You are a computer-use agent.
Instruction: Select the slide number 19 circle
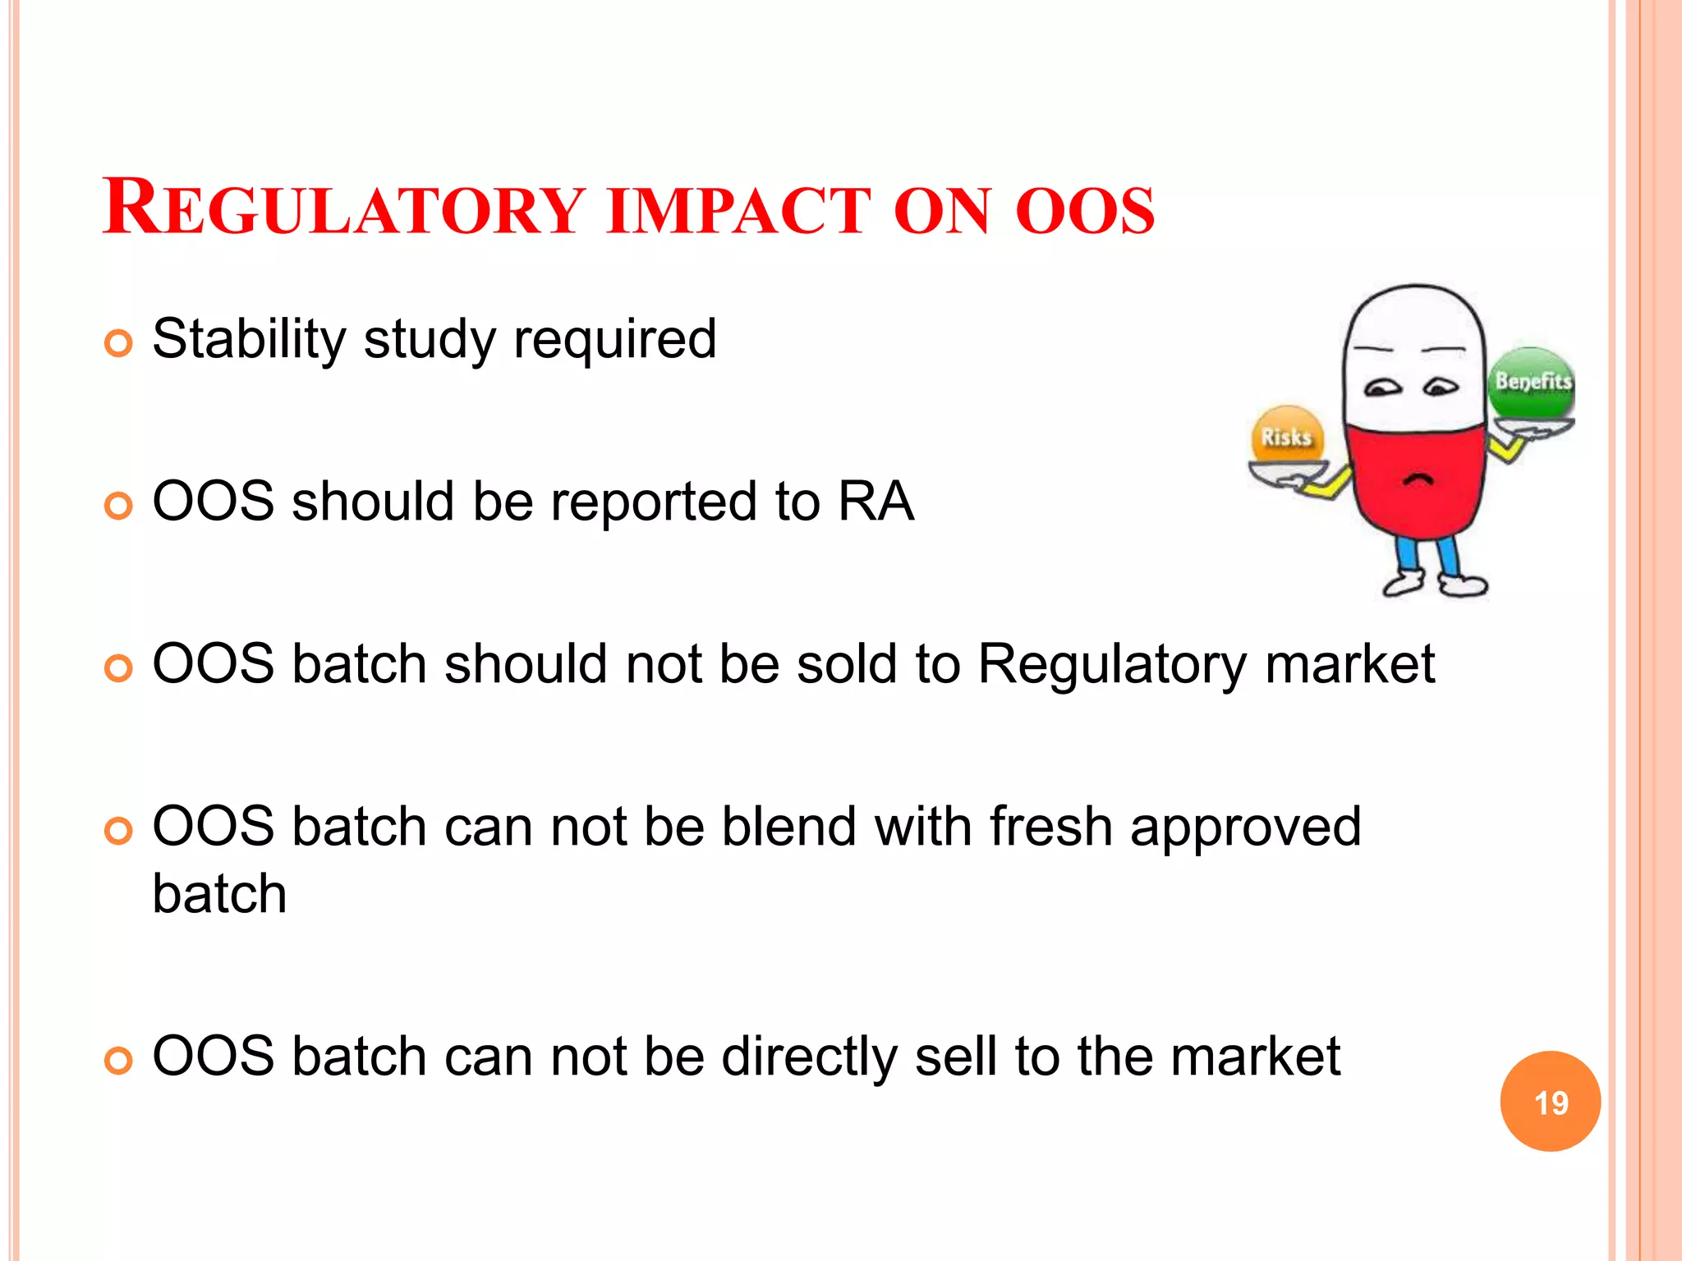1550,1102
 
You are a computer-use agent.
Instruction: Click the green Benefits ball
1532,383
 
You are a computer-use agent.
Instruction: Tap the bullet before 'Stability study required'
118,343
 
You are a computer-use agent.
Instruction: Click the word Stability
249,339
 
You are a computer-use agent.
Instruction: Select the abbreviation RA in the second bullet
875,501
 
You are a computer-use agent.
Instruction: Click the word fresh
1050,826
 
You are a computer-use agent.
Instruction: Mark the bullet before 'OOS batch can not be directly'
118,1061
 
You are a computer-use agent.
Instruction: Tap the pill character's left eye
1383,387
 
